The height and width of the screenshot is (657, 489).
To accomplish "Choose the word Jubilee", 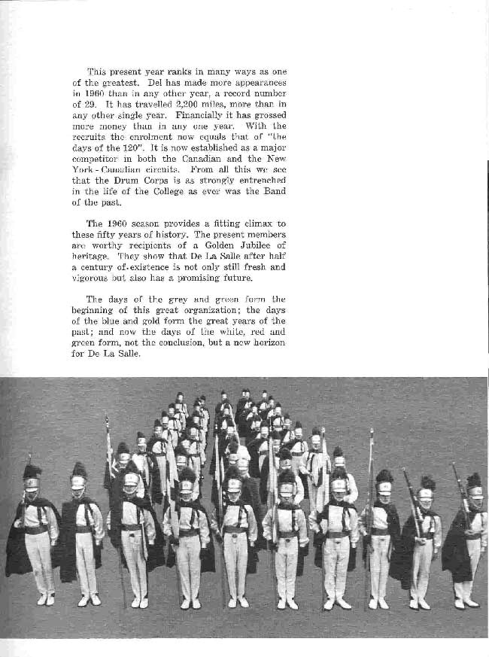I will tap(243, 245).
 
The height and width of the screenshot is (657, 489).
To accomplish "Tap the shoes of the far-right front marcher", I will tap(465, 603).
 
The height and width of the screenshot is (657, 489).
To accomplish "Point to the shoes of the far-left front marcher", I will tap(45, 600).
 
